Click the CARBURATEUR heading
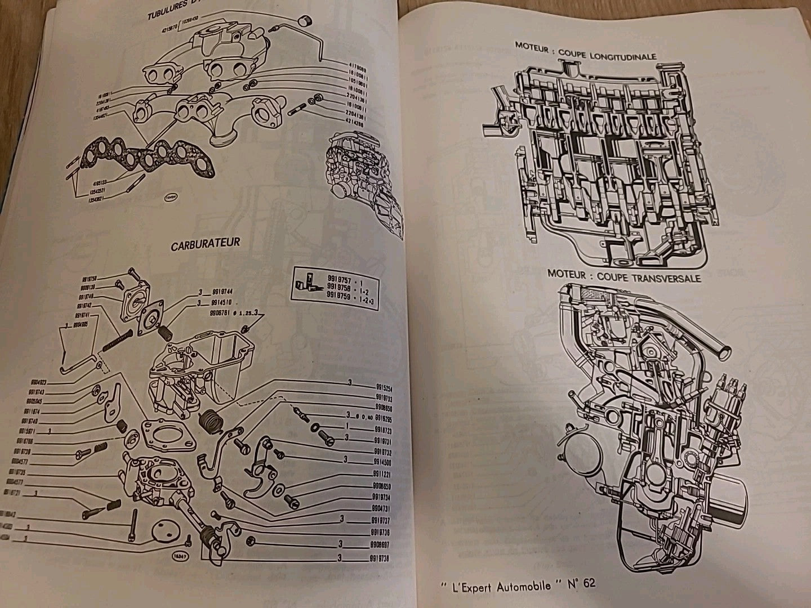206,243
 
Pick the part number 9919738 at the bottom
382,558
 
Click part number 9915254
384,388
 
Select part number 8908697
382,545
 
